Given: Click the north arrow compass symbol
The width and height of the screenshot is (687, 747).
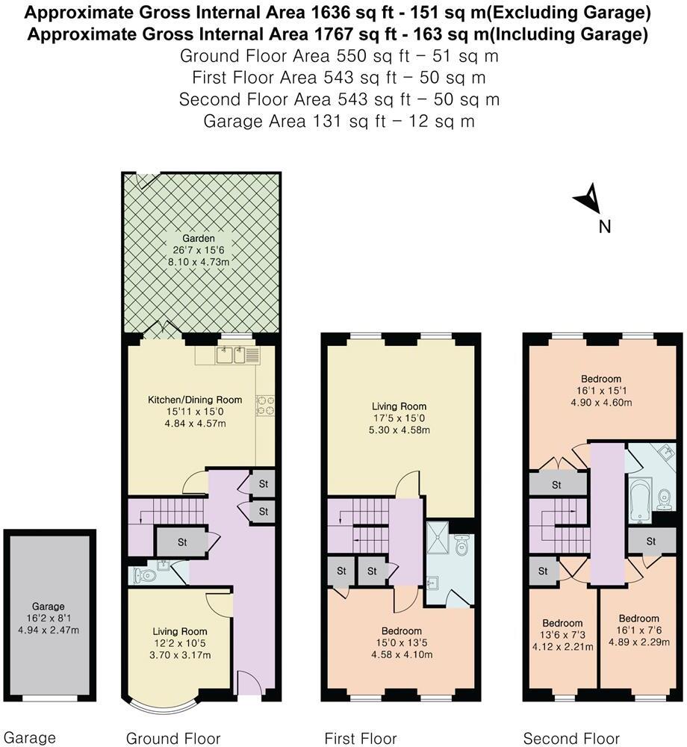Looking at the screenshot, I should click(x=588, y=199).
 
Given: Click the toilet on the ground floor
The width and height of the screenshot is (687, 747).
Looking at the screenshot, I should click(x=146, y=575).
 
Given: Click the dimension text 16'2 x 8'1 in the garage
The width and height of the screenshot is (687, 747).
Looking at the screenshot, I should click(x=49, y=619).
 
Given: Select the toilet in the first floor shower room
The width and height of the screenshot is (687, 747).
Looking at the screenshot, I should click(x=462, y=547).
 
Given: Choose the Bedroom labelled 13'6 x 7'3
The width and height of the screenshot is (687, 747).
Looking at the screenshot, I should click(x=562, y=635).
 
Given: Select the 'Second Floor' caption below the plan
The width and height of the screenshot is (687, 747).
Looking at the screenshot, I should click(x=571, y=739).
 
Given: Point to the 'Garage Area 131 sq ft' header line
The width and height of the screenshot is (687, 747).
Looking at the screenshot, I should click(x=339, y=121).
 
